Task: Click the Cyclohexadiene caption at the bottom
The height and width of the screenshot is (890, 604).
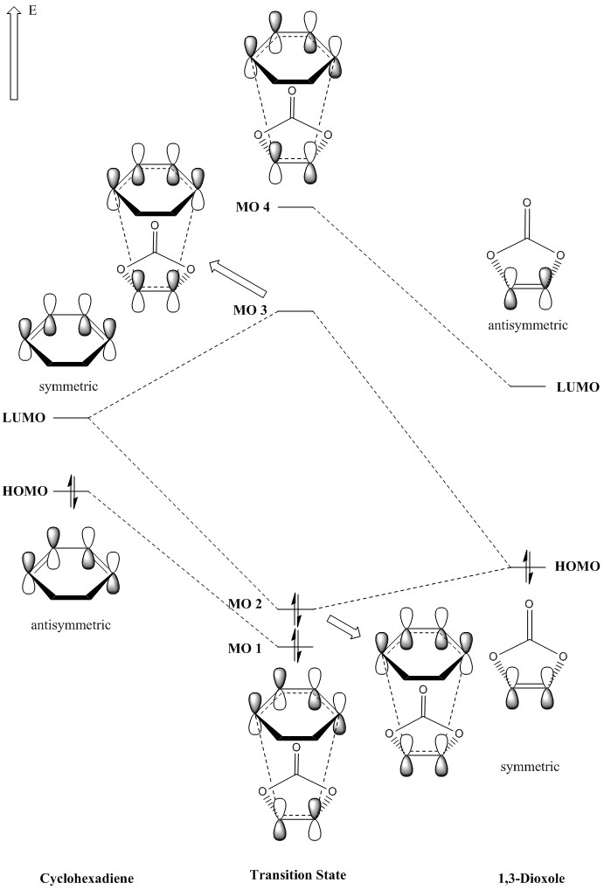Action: click(80, 876)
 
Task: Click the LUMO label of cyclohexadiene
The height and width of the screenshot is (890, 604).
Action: click(26, 419)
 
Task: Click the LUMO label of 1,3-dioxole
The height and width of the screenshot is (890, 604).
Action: click(578, 386)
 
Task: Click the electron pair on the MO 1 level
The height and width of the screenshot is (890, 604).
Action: click(295, 647)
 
